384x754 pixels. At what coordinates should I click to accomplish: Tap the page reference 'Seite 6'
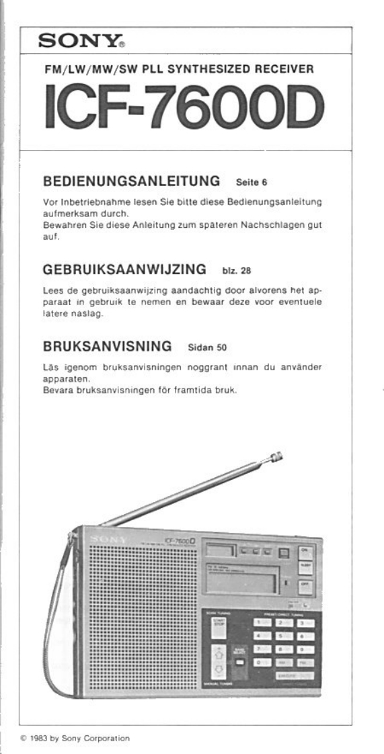pyautogui.click(x=253, y=182)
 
